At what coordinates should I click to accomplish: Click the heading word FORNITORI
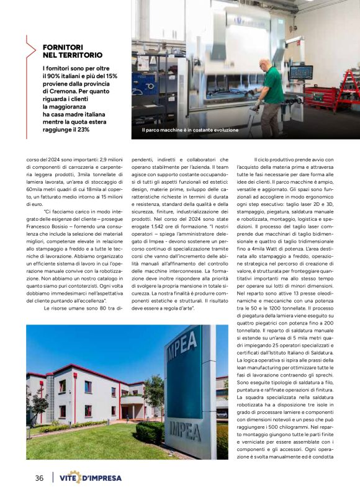(x=65, y=47)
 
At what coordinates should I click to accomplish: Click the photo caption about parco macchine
(x=190, y=130)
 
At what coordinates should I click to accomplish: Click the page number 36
(x=39, y=478)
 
